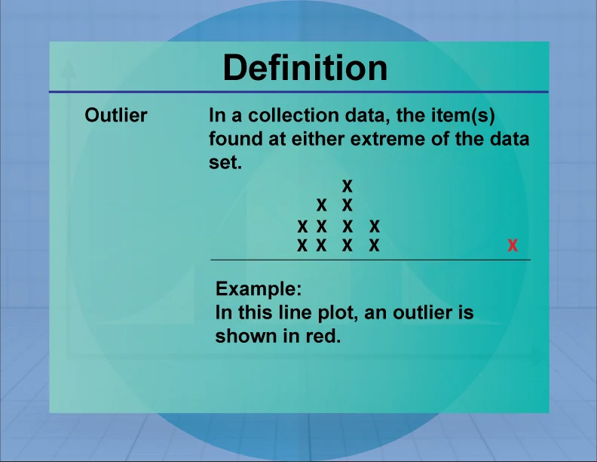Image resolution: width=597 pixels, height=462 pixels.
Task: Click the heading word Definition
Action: point(305,68)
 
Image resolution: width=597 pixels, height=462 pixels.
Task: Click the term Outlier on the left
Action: point(116,115)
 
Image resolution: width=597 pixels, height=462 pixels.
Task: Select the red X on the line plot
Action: point(513,245)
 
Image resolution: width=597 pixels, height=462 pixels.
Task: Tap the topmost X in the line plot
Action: point(347,185)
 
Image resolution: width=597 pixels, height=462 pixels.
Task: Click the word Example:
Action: point(259,288)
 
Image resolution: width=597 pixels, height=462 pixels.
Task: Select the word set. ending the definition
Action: point(225,161)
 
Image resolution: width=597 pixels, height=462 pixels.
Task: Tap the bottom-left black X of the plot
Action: point(302,245)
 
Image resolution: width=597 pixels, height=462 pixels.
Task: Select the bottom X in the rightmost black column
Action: point(373,245)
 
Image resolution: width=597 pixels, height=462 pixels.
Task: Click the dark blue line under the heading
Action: point(298,92)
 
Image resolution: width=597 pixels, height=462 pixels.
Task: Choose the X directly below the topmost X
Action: point(347,205)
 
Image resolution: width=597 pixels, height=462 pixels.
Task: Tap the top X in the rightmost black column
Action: point(373,226)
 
